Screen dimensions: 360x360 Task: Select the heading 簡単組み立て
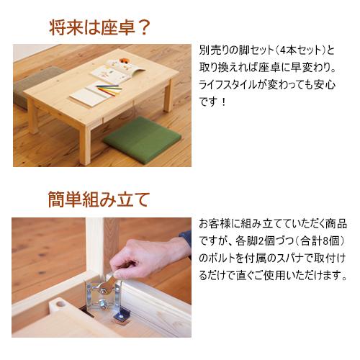(99, 199)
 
